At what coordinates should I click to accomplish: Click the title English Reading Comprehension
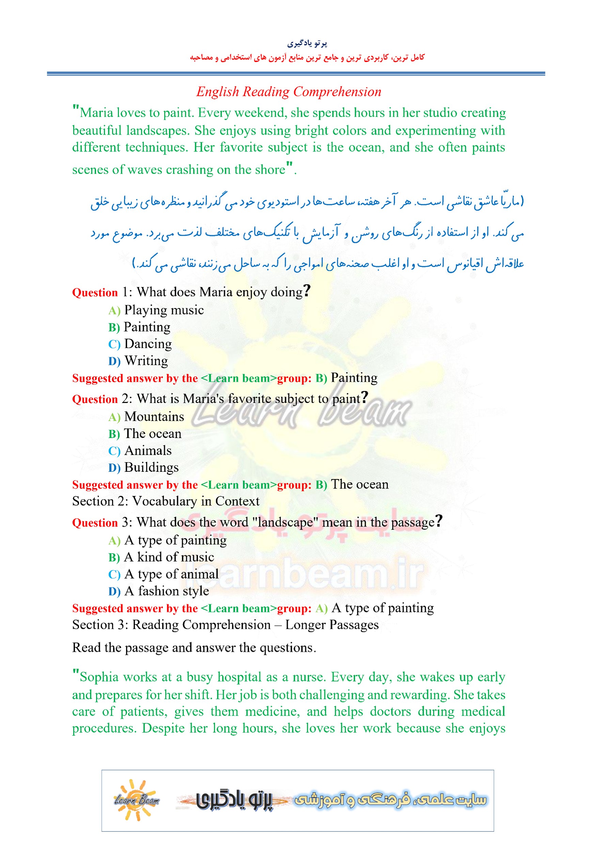click(x=289, y=92)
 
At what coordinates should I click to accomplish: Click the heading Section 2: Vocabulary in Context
click(x=166, y=501)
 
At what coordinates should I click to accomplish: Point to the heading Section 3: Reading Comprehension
click(x=225, y=625)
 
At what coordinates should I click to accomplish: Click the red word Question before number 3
click(x=95, y=523)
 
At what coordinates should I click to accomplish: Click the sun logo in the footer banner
click(x=137, y=800)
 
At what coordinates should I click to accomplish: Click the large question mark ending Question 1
click(x=307, y=291)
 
